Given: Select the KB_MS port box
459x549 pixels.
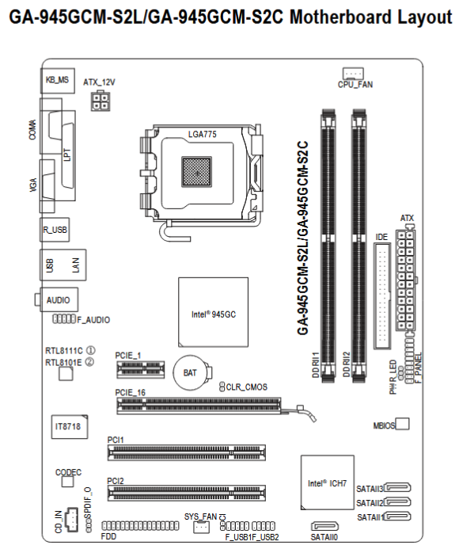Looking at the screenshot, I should click(x=58, y=80).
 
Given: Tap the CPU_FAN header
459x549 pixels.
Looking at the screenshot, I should click(x=351, y=72).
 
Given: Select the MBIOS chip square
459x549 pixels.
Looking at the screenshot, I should click(x=402, y=425).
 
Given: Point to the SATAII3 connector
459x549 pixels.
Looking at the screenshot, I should click(x=400, y=489).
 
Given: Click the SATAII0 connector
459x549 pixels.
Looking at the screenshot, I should click(x=324, y=526).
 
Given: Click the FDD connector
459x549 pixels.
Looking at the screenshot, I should click(x=136, y=526).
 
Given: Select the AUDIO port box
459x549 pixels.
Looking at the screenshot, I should click(x=58, y=300).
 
